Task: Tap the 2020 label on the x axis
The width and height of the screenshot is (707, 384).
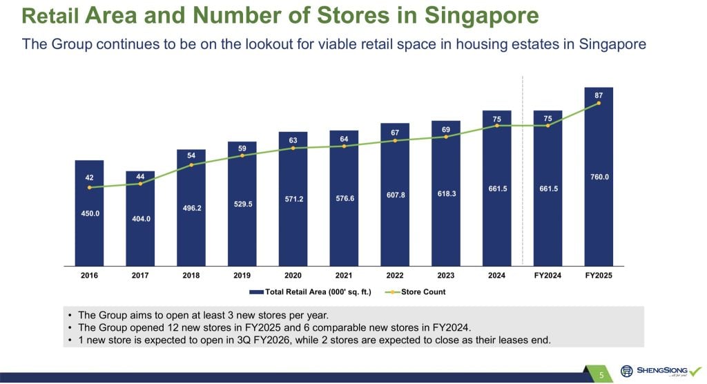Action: pyautogui.click(x=293, y=276)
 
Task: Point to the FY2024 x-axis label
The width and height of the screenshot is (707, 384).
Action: pyautogui.click(x=548, y=276)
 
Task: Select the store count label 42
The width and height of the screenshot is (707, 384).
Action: pyautogui.click(x=89, y=177)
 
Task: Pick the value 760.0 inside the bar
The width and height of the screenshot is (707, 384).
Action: pyautogui.click(x=599, y=177)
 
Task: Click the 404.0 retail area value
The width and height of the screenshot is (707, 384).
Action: pyautogui.click(x=140, y=218)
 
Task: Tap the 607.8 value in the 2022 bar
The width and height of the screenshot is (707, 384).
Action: pyautogui.click(x=395, y=195)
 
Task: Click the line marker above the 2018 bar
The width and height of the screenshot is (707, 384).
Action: pyautogui.click(x=191, y=164)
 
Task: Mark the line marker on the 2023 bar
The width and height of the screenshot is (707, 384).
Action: pyautogui.click(x=446, y=137)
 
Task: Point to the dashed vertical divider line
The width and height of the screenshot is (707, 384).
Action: pyautogui.click(x=523, y=173)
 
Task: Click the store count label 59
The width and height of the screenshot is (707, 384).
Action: pyautogui.click(x=242, y=148)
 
